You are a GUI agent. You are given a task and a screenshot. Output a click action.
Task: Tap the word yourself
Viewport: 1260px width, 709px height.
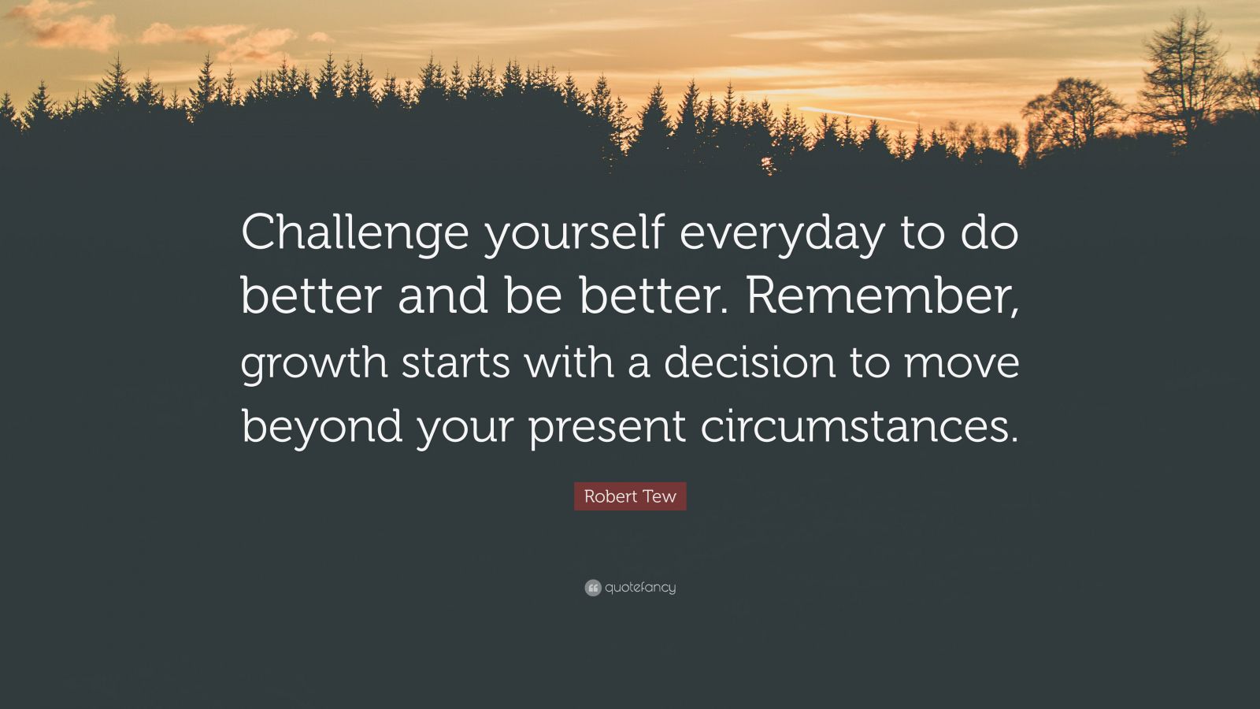[574, 234]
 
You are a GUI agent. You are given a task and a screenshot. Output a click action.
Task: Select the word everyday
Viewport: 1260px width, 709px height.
[782, 234]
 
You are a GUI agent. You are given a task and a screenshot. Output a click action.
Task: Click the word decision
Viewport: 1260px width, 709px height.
[748, 362]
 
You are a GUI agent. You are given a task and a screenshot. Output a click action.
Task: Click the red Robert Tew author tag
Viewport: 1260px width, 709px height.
[630, 497]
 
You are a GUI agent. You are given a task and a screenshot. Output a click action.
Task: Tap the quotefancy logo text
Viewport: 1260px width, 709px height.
[640, 588]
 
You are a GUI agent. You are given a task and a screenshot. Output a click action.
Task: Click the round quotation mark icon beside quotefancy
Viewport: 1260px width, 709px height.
[593, 588]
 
